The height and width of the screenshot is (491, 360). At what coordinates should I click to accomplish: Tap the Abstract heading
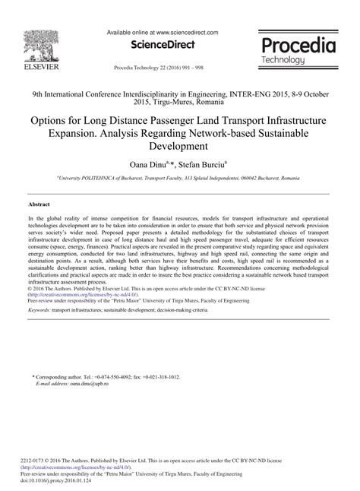[39, 205]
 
